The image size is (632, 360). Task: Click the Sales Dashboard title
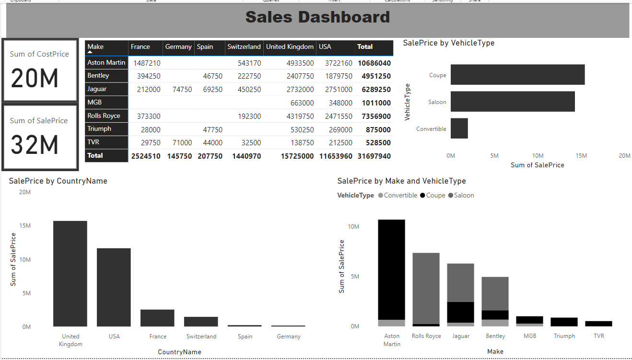coord(317,17)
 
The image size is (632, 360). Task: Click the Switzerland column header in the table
coord(244,47)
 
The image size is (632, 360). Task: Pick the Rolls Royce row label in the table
coord(104,116)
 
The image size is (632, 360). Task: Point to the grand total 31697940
coord(374,156)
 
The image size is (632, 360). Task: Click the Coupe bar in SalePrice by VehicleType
coord(517,75)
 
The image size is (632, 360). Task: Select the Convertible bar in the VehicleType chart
coord(459,128)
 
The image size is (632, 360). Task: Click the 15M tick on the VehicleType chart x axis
coord(581,156)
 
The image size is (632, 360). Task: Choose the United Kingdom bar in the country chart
coord(70,273)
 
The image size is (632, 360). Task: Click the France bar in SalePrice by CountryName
coord(157,318)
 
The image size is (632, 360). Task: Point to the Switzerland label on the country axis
coord(201,337)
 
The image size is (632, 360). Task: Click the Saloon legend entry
coord(461,196)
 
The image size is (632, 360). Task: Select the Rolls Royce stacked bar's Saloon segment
coord(426,288)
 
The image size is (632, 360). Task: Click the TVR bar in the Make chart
coord(598,324)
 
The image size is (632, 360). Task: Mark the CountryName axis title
coord(179,352)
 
